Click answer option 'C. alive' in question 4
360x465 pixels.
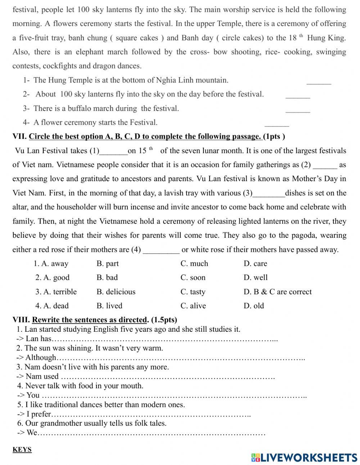pyautogui.click(x=193, y=306)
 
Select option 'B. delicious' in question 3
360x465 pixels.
pyautogui.click(x=116, y=292)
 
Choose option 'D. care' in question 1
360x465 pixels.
pyautogui.click(x=255, y=264)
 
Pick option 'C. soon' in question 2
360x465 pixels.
pyautogui.click(x=193, y=278)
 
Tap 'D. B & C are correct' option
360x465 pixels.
pyautogui.click(x=278, y=292)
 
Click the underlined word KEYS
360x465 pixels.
pyautogui.click(x=22, y=450)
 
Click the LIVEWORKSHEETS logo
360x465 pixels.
pyautogui.click(x=304, y=457)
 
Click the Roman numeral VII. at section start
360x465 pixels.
pyautogui.click(x=19, y=137)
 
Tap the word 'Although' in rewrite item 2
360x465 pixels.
pyautogui.click(x=41, y=358)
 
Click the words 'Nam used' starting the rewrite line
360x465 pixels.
pyautogui.click(x=42, y=376)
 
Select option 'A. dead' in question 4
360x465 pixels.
pyautogui.click(x=52, y=306)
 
